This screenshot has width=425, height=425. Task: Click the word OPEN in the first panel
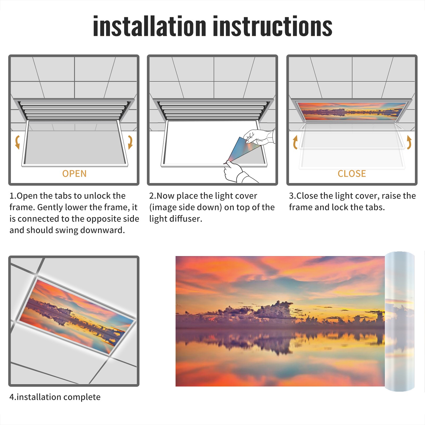[x=74, y=174]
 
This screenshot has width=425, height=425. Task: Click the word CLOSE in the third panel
[x=352, y=174]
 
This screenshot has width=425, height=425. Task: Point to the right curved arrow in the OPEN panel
[x=130, y=142]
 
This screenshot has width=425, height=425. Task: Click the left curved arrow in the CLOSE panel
[x=295, y=142]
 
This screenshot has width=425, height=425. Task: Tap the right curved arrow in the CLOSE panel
[x=409, y=142]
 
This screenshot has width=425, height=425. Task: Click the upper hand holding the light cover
[x=259, y=137]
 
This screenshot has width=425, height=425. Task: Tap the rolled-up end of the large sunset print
[x=399, y=321]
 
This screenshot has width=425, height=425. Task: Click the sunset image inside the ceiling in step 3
[x=352, y=111]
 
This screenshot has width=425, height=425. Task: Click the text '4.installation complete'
[x=55, y=397]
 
